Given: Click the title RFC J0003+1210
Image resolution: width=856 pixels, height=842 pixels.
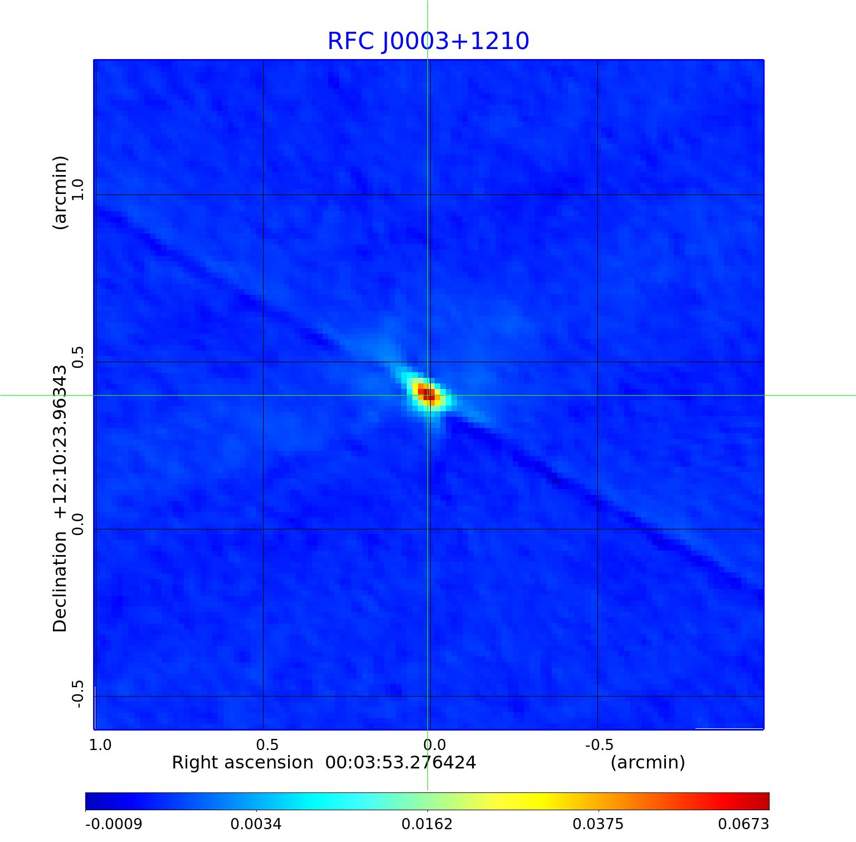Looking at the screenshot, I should click(x=428, y=41).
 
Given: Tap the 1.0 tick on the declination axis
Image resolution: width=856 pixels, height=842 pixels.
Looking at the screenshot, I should click(x=78, y=190).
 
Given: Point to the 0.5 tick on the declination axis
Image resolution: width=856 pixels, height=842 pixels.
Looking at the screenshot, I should click(x=78, y=357).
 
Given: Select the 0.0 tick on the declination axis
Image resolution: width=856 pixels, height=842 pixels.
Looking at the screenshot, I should click(x=78, y=524).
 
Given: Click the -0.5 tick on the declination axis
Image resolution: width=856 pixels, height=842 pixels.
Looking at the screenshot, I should click(x=78, y=694).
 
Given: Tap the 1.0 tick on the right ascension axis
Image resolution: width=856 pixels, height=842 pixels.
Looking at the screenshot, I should click(x=100, y=745).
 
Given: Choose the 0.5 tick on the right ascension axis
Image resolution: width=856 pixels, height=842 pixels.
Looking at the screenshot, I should click(x=267, y=745).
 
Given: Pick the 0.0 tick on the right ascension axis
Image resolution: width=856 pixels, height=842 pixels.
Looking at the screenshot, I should click(x=434, y=745).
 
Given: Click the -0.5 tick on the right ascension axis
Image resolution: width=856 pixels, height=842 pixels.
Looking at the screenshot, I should click(x=599, y=745).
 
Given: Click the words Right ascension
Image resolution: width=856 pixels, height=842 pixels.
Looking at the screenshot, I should click(x=242, y=763).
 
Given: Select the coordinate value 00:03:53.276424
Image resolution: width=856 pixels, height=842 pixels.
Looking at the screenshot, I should click(x=401, y=763).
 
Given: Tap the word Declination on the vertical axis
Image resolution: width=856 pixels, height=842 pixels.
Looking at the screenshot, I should click(x=60, y=582).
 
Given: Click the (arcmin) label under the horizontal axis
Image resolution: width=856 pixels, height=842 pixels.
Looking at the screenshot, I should click(x=648, y=763).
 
